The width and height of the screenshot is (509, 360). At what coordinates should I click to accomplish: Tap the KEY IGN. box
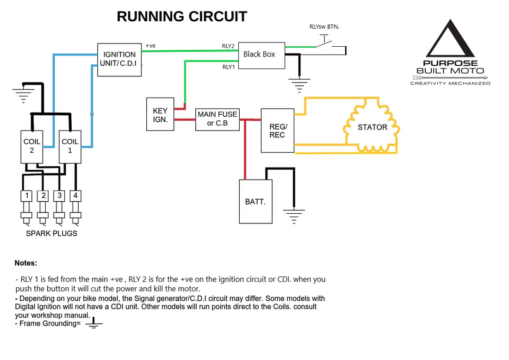tap(160, 114)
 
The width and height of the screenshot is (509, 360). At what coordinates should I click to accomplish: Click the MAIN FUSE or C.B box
tap(217, 118)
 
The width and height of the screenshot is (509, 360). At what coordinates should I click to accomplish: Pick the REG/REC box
tap(278, 130)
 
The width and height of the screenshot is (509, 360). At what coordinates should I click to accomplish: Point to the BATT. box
tap(255, 202)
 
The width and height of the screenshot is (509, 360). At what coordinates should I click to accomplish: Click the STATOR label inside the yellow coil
tap(372, 127)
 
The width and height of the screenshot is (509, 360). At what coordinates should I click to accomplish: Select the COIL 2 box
tap(32, 146)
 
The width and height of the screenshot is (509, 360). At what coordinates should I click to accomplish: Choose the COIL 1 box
tap(70, 146)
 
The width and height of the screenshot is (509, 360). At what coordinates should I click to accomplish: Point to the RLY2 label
tap(228, 46)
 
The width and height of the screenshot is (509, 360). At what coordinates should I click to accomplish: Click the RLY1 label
tap(228, 67)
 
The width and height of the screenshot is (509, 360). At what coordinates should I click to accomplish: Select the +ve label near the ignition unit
tap(150, 46)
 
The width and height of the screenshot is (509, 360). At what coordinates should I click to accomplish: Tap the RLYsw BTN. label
tap(324, 26)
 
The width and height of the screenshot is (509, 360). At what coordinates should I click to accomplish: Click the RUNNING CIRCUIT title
tap(182, 17)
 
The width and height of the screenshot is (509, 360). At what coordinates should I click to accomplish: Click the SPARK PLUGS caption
tap(51, 233)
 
